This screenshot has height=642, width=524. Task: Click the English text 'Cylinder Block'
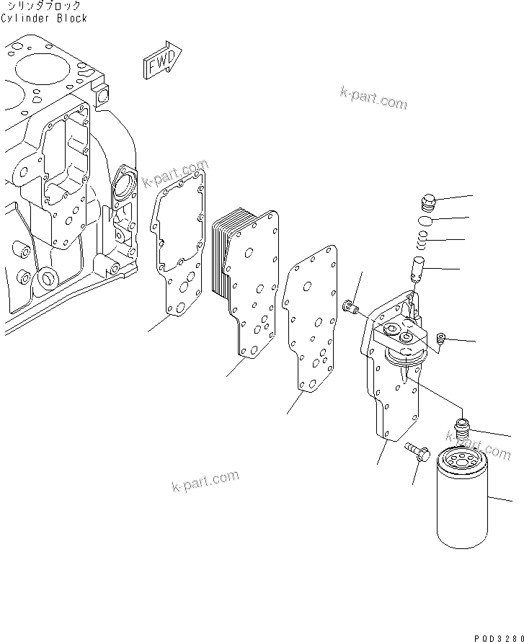pos(43,17)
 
